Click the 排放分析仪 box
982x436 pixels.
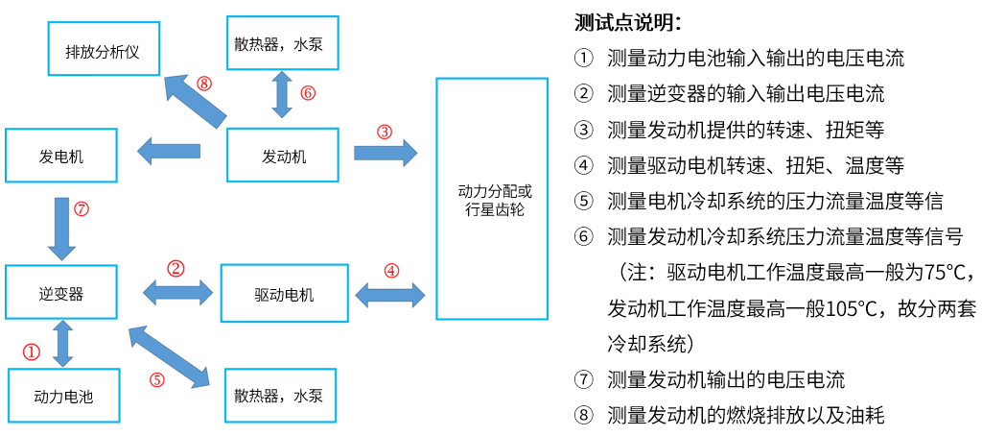pos(103,51)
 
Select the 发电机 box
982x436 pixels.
pos(61,156)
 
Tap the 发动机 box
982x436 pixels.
pos(284,156)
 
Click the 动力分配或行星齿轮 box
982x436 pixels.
pos(493,200)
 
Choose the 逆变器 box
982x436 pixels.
pos(61,294)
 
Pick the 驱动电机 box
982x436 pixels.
pos(284,294)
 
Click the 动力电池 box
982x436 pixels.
pos(63,395)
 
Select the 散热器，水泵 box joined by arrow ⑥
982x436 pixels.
pos(284,43)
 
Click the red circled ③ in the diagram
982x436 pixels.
pos(384,131)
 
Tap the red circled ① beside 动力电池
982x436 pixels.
pos(32,351)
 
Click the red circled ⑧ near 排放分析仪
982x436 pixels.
pos(203,83)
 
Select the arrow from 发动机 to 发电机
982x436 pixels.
pos(169,151)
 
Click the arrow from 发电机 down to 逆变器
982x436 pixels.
pos(62,229)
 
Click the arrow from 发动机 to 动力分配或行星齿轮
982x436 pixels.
pos(386,152)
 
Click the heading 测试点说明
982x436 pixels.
pos(628,22)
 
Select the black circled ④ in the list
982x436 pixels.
pos(584,165)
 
